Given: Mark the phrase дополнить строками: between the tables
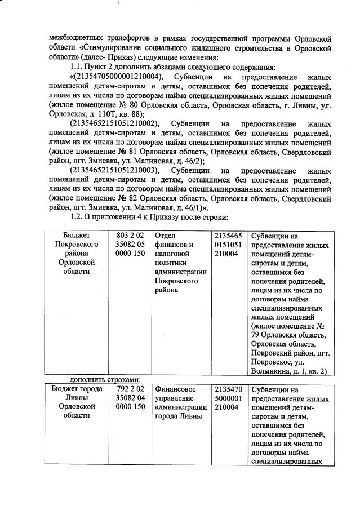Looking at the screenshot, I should click(x=105, y=379).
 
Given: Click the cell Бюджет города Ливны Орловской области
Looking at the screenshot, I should click(x=77, y=402).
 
